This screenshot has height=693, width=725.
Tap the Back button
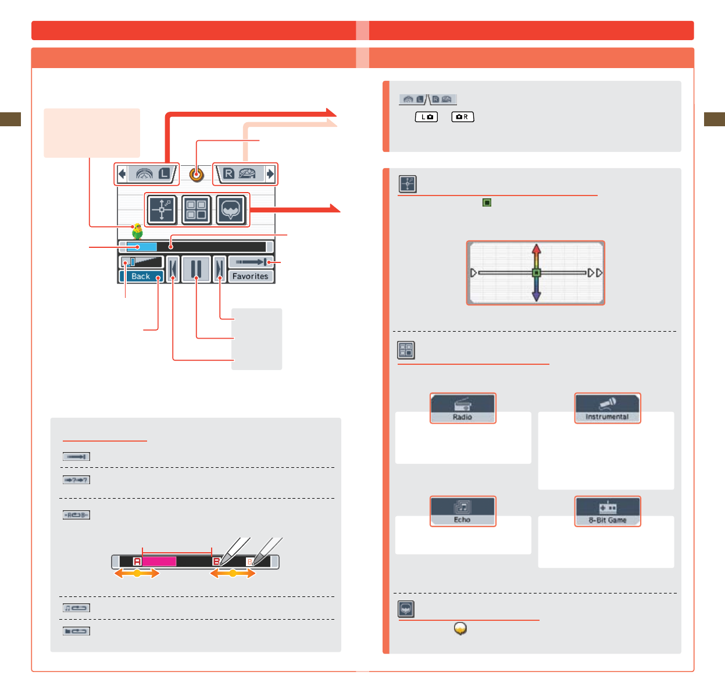(x=141, y=276)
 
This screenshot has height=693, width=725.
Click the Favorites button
(x=251, y=276)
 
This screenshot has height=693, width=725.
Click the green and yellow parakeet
(x=137, y=232)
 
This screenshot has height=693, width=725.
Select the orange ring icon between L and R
(x=197, y=174)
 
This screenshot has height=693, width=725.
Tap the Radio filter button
(x=463, y=408)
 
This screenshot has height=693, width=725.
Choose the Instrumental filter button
(x=608, y=408)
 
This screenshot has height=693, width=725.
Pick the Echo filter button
(x=463, y=511)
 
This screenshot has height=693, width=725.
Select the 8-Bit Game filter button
(x=608, y=511)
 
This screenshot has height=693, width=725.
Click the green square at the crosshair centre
(x=536, y=273)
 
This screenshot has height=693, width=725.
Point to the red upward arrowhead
(x=536, y=249)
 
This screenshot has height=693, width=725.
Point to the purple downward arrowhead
(x=536, y=296)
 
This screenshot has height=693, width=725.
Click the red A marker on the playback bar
(x=137, y=561)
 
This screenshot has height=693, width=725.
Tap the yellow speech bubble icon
(x=460, y=628)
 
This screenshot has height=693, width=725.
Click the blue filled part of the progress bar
(x=141, y=247)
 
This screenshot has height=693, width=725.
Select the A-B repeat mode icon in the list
(x=76, y=515)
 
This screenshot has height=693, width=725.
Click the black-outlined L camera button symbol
(x=426, y=117)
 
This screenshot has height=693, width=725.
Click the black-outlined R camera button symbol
(x=463, y=117)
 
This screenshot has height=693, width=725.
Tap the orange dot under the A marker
(x=137, y=574)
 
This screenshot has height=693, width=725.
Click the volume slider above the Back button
(x=142, y=262)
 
